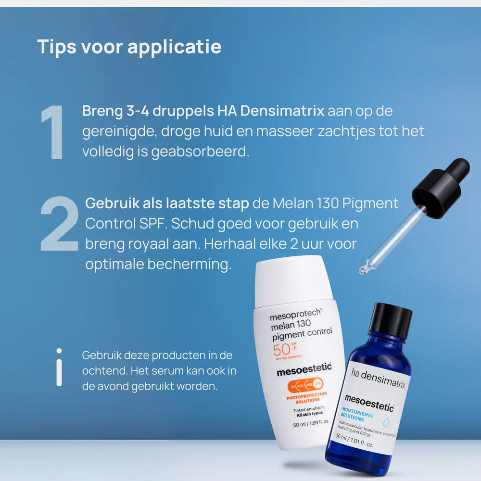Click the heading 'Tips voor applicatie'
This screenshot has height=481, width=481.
point(129,47)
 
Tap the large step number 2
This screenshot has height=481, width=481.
point(59,224)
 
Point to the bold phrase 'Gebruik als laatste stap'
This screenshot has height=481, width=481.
point(167,203)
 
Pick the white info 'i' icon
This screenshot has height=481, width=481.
point(59,367)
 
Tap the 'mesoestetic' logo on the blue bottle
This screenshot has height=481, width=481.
point(369,403)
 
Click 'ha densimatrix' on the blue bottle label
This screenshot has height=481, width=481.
point(378,378)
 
